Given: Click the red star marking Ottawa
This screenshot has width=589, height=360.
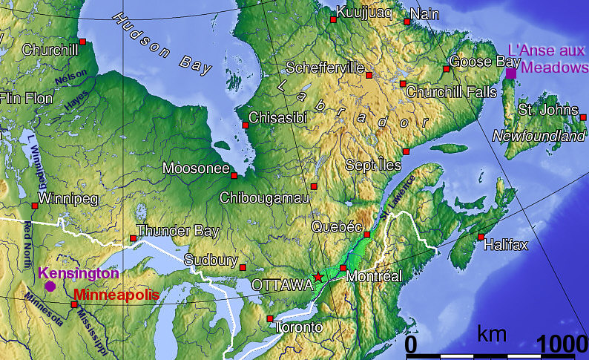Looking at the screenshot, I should (x=319, y=277).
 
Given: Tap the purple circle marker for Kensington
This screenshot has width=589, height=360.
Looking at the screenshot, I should (x=50, y=286).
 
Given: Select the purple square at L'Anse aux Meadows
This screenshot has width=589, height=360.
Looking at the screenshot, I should (x=511, y=73).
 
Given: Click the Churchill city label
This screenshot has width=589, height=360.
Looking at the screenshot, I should (x=50, y=50).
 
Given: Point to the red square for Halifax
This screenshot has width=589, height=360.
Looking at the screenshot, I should (x=481, y=237).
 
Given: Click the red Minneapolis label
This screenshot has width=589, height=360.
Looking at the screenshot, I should (x=116, y=295).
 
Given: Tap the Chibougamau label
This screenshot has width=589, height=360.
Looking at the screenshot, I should (x=265, y=197).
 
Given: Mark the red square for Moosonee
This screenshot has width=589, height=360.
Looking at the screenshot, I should (x=234, y=176).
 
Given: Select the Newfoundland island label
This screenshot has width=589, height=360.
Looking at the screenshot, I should (x=539, y=137).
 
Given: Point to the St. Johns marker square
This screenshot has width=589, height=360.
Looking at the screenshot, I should (x=583, y=117).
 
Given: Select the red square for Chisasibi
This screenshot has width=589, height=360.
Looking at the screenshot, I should (x=246, y=125).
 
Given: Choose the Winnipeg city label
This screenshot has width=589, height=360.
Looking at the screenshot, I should (x=68, y=199).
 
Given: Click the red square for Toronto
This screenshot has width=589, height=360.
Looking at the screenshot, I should (x=269, y=318).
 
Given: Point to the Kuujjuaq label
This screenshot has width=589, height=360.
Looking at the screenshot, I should (x=362, y=12).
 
